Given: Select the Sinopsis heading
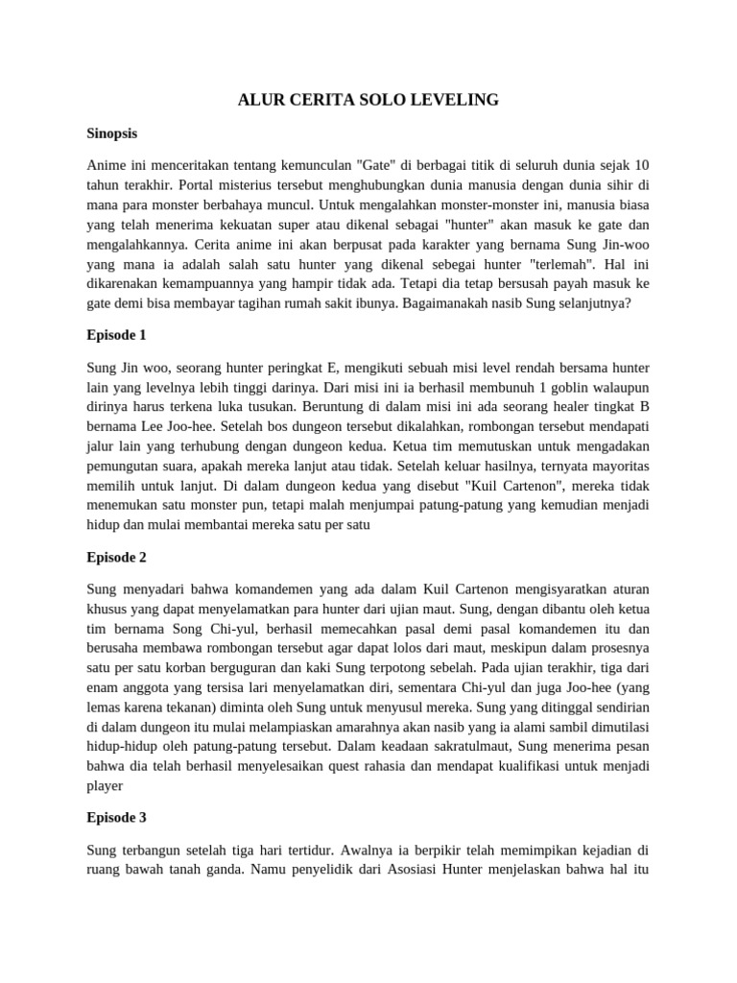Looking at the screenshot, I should [x=119, y=134].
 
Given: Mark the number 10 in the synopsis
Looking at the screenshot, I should [x=641, y=165].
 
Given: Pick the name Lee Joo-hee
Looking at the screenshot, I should [x=178, y=426].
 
